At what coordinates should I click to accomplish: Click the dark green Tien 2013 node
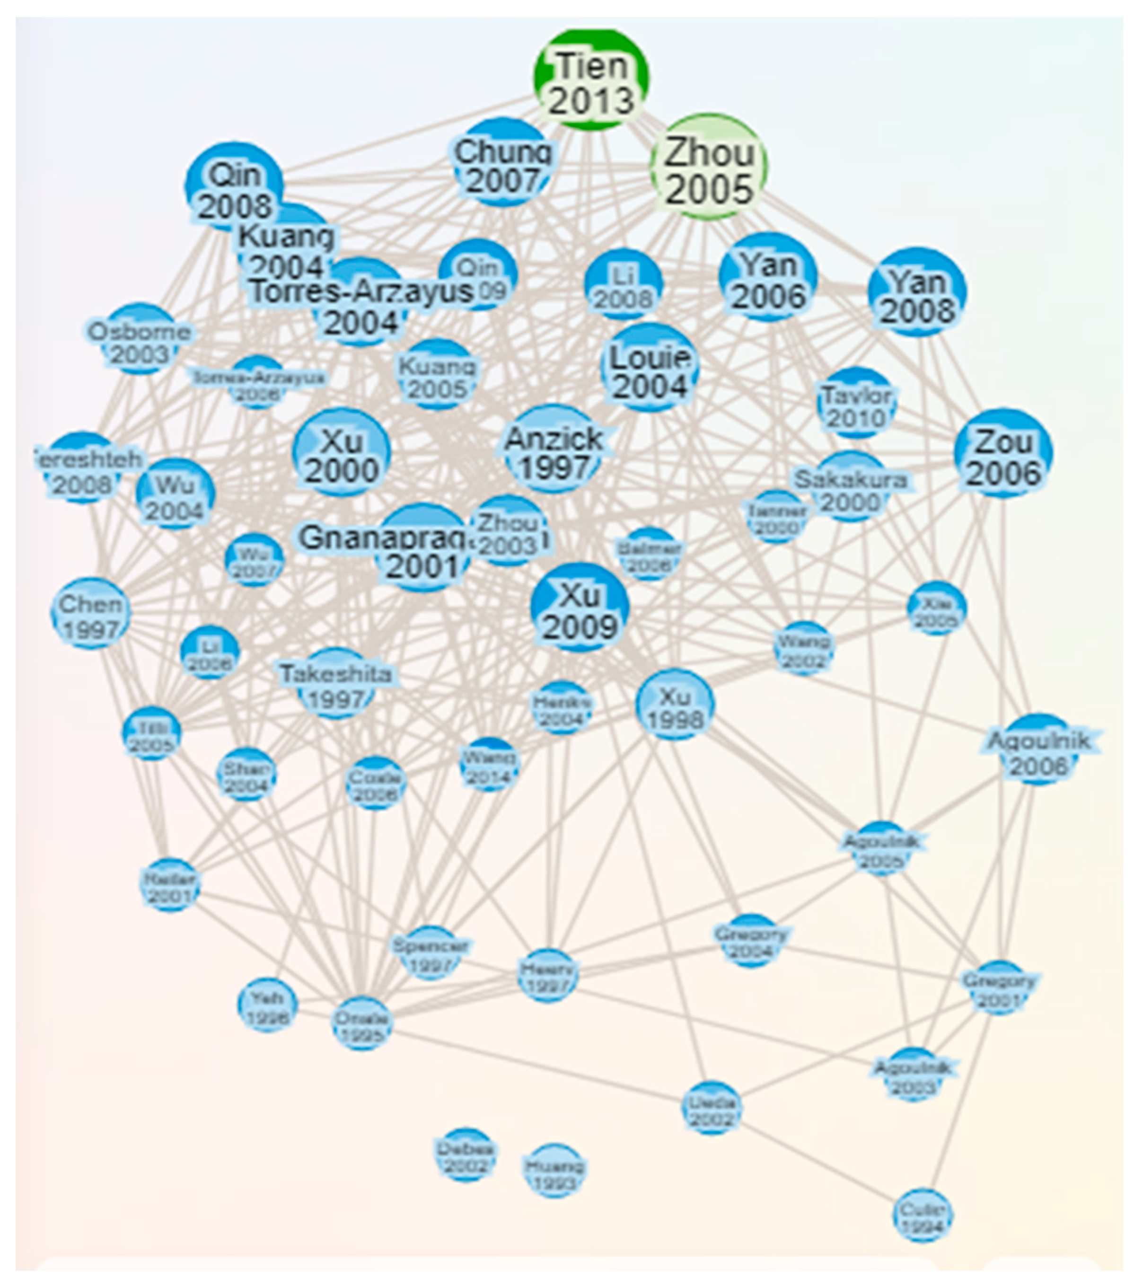591,79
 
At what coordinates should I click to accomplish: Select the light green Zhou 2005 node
709,167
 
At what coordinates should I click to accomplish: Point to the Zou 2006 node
1003,453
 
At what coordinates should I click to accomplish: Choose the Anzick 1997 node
553,449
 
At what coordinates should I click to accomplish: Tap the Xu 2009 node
579,608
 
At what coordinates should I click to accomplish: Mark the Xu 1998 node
675,705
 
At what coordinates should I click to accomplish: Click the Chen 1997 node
91,613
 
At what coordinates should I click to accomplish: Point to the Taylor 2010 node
856,404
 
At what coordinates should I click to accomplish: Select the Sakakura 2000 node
850,487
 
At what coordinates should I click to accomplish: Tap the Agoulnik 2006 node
1037,750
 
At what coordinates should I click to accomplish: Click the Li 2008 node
624,284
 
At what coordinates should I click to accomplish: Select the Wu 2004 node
175,494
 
